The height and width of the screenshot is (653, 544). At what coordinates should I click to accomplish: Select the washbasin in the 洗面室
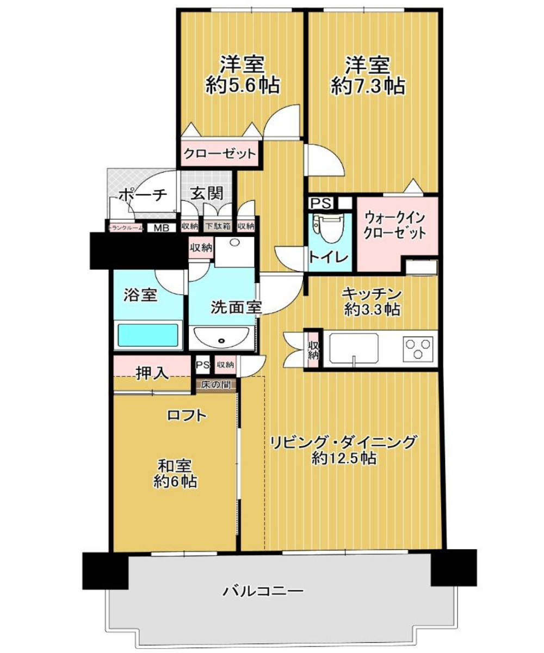pyautogui.click(x=221, y=338)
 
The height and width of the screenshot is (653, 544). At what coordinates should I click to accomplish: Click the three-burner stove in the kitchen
pyautogui.click(x=417, y=348)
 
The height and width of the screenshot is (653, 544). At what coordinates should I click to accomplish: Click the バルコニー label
pyautogui.click(x=263, y=590)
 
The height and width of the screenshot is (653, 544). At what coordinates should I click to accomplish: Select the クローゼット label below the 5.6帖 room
pyautogui.click(x=219, y=154)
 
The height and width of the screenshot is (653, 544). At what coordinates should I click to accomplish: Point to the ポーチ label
pyautogui.click(x=143, y=195)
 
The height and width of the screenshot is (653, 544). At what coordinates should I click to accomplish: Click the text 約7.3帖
pyautogui.click(x=368, y=85)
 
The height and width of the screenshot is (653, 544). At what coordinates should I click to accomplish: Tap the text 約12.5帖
pyautogui.click(x=344, y=459)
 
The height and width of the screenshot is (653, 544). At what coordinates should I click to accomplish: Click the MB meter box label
pyautogui.click(x=160, y=228)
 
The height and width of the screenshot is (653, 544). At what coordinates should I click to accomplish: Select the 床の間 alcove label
pyautogui.click(x=217, y=385)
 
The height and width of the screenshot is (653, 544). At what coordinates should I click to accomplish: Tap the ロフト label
pyautogui.click(x=187, y=416)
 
